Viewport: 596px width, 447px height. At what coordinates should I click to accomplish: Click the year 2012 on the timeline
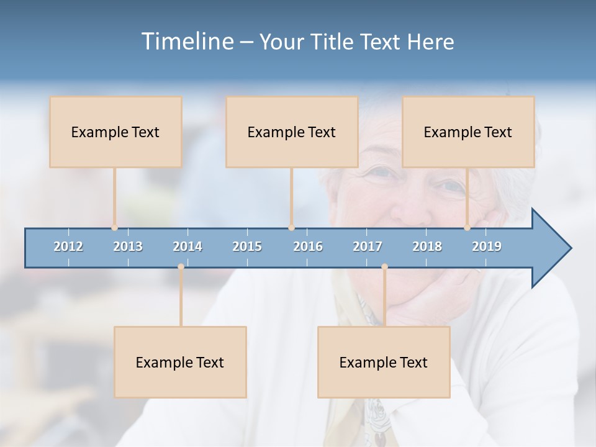68,246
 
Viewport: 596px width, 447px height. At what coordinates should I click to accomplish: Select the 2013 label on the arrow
128,246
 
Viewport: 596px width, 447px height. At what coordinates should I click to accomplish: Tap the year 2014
187,246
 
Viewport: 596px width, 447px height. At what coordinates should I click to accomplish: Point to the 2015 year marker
247,246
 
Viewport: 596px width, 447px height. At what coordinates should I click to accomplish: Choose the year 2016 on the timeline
308,246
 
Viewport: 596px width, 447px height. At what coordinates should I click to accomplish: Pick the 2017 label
368,246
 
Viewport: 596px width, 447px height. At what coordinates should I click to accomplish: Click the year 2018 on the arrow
427,246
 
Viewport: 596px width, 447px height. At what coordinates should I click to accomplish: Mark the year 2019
487,246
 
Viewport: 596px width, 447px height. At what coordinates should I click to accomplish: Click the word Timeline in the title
187,42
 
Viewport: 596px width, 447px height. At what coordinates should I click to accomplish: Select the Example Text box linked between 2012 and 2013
115,132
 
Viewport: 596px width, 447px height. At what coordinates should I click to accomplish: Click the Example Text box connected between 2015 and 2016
292,132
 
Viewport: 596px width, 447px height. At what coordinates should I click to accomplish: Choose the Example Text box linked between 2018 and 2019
468,132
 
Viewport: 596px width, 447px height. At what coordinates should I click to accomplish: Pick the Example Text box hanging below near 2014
180,362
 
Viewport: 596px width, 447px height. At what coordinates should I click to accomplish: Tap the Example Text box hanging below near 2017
384,362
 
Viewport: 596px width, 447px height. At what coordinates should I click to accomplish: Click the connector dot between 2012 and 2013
114,228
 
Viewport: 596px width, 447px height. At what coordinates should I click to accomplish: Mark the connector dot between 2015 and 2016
291,228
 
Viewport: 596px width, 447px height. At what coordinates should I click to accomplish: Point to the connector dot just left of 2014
181,267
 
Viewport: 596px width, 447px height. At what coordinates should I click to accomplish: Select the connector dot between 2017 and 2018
384,267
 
